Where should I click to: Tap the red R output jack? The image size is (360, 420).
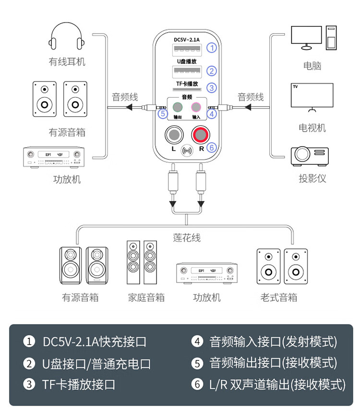click(200, 135)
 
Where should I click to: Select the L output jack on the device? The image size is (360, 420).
click(174, 135)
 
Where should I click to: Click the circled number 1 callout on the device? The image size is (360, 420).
click(212, 48)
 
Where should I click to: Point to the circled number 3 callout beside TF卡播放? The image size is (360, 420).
click(212, 88)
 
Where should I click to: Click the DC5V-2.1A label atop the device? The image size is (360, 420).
click(186, 39)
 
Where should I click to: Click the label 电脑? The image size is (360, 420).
click(312, 66)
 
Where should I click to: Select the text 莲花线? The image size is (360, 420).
click(187, 237)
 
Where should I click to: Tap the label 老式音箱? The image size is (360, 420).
click(279, 297)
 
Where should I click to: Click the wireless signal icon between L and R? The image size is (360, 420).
click(187, 150)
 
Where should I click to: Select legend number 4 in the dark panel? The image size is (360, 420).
click(197, 342)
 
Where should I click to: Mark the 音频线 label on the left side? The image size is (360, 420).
click(125, 97)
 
